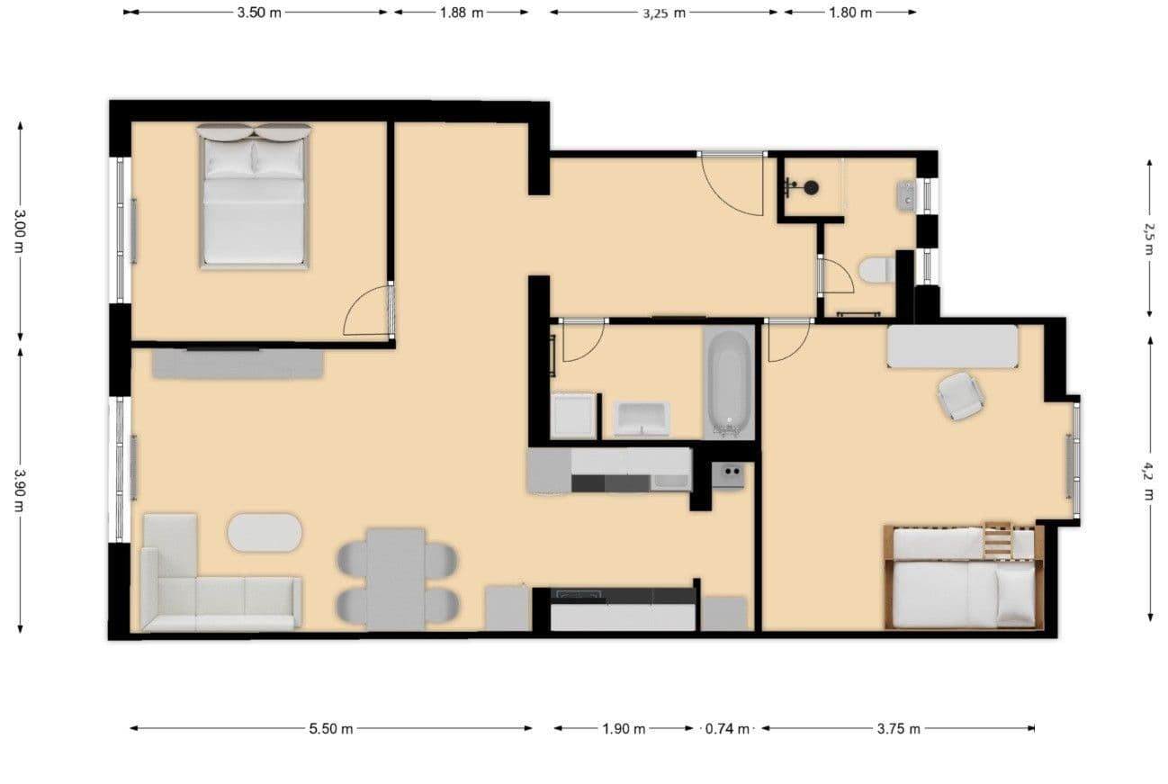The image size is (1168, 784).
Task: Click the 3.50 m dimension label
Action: tap(258, 13)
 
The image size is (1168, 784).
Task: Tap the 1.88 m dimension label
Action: tap(461, 13)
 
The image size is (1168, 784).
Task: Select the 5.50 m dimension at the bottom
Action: tap(330, 729)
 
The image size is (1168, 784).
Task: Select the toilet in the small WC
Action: tap(876, 269)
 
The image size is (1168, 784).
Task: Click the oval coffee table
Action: tap(265, 532)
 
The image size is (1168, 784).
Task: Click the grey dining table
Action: tap(396, 579)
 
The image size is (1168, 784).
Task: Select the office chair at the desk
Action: tap(960, 395)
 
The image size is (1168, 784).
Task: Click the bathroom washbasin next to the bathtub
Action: tap(642, 419)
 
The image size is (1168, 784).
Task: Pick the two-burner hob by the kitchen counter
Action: tap(728, 474)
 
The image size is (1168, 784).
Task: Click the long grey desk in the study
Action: tap(952, 347)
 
